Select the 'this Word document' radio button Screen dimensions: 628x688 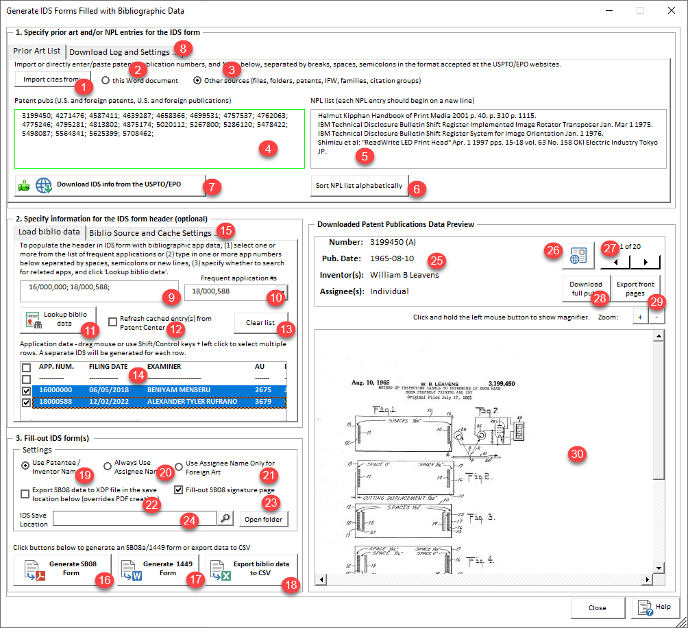tap(106, 80)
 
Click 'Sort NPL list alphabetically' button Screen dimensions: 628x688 tap(359, 186)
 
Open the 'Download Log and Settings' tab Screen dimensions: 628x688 tap(120, 52)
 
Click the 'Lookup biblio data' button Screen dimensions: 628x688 tap(58, 318)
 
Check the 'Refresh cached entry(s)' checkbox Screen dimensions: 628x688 tap(113, 319)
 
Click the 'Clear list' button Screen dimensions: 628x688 tap(260, 322)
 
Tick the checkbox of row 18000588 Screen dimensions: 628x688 tap(26, 402)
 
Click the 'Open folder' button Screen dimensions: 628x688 tap(264, 519)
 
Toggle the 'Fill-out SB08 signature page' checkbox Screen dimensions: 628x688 tap(179, 490)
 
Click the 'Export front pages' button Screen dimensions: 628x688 tap(635, 289)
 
